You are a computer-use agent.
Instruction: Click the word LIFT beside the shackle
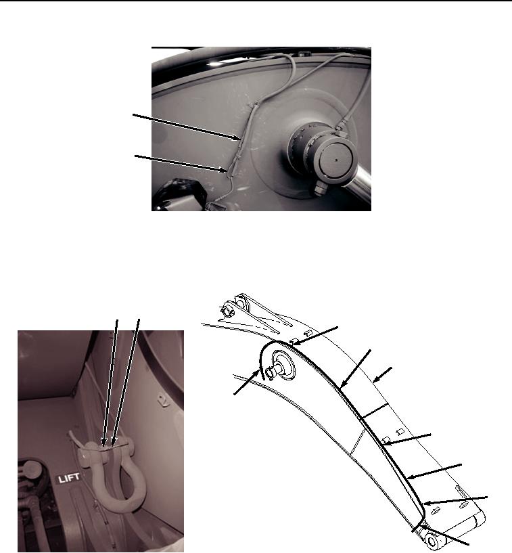(69, 479)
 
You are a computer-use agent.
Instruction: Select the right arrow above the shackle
(126, 382)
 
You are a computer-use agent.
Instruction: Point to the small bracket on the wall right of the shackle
(162, 400)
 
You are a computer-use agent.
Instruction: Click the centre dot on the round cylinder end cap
(336, 160)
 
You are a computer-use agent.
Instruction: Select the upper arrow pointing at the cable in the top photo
(187, 127)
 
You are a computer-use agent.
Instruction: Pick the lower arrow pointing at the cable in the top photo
(180, 164)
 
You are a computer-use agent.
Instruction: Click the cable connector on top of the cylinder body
(340, 127)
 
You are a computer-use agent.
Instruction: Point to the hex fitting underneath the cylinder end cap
(318, 188)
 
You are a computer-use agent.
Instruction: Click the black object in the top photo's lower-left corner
(175, 194)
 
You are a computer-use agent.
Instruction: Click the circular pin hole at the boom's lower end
(432, 541)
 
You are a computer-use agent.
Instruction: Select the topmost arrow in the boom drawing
(316, 336)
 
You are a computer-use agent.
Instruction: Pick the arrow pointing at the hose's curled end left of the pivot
(247, 382)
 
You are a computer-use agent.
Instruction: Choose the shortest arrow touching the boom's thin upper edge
(382, 375)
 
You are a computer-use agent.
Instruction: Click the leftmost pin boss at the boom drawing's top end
(226, 311)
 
